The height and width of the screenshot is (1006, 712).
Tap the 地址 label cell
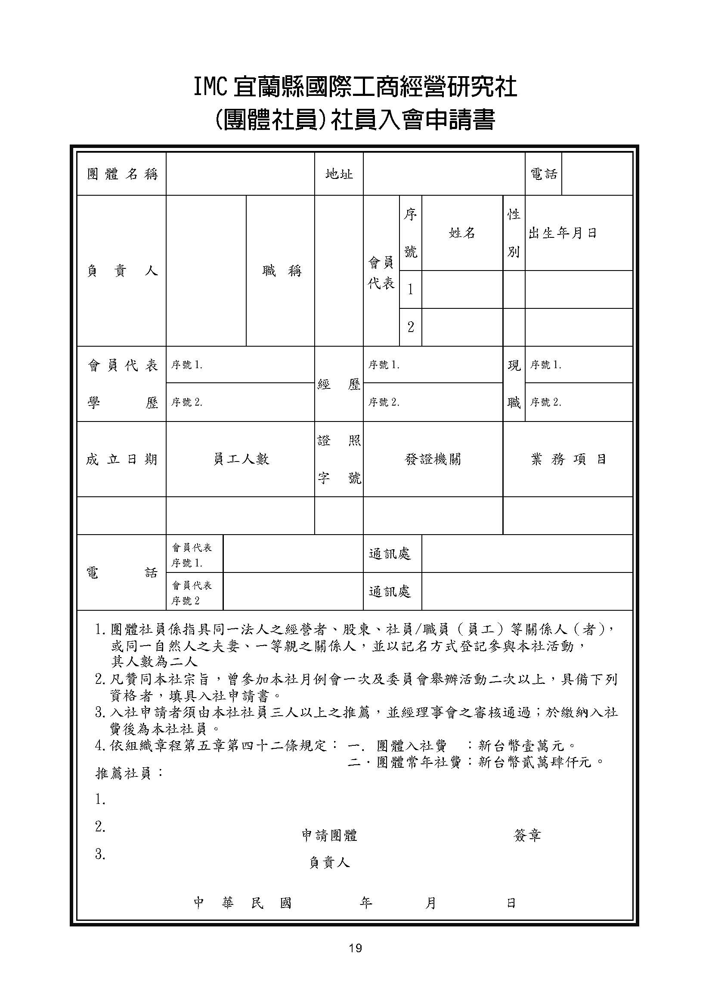tap(339, 174)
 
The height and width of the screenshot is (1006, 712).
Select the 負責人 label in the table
tap(122, 271)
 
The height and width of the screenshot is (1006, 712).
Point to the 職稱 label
tap(282, 271)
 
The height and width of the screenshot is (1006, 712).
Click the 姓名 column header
tap(461, 233)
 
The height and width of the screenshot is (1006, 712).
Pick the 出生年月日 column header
tap(563, 233)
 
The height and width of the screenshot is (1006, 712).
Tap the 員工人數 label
tap(241, 459)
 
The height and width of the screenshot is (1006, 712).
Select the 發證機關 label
tap(433, 459)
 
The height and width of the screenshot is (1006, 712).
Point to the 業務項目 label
tap(568, 459)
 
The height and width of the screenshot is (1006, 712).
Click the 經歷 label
tap(339, 384)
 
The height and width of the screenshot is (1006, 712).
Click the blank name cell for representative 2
tap(461, 327)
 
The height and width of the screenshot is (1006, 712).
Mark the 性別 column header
tap(514, 233)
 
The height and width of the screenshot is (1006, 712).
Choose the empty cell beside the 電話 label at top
tap(597, 174)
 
